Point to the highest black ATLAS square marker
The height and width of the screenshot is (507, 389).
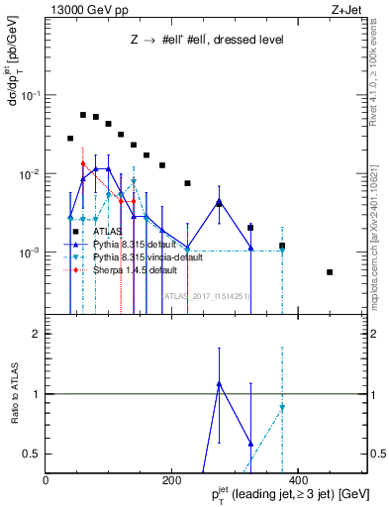(83, 115)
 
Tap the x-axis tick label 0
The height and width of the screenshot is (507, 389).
(46, 481)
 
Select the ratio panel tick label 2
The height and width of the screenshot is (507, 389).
(37, 334)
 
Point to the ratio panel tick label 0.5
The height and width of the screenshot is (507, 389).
(33, 454)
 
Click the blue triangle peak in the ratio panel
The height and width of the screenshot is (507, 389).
(219, 383)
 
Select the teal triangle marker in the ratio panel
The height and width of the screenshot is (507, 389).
(282, 408)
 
